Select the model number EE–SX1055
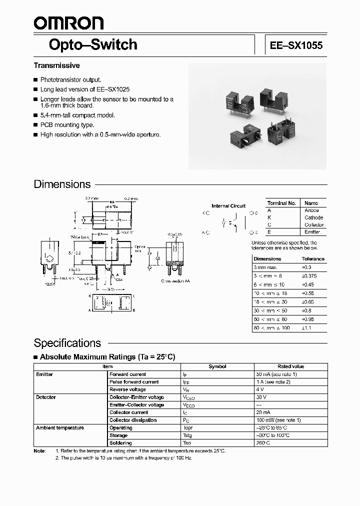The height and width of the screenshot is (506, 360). [296, 45]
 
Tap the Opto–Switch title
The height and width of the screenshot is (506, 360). [92, 44]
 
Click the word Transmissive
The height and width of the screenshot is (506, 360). [56, 65]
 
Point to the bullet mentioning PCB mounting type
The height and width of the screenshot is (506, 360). [67, 125]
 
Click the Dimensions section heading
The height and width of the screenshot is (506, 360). [62, 184]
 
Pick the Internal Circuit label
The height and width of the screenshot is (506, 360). [228, 205]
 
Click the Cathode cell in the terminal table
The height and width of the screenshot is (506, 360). [313, 217]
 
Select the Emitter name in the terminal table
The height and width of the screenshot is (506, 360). [313, 232]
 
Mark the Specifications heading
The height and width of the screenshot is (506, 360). [67, 343]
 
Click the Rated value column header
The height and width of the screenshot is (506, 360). [290, 366]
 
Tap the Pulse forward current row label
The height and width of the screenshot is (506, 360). [134, 382]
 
